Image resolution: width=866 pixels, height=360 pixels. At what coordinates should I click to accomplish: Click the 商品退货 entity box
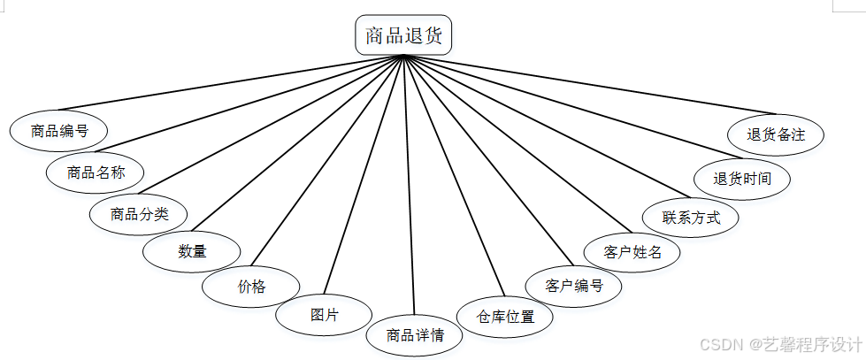[403, 35]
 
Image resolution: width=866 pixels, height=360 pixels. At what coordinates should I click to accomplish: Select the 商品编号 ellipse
[58, 131]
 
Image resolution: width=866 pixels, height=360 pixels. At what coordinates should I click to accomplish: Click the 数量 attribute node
[192, 251]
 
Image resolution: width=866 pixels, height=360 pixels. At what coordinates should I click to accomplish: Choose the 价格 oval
[251, 287]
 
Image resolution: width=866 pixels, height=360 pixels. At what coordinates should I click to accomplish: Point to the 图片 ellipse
[325, 314]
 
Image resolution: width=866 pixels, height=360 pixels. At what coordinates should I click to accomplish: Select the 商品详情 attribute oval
[414, 335]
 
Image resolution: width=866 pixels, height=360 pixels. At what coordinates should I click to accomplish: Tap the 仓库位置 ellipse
[505, 316]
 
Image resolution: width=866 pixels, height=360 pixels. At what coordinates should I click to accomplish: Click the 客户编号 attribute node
[574, 286]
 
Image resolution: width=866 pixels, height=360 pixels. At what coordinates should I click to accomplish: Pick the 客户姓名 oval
[632, 251]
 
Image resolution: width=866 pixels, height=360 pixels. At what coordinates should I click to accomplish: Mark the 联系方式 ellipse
[692, 217]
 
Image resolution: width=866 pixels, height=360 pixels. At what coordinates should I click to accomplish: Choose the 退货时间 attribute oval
[742, 178]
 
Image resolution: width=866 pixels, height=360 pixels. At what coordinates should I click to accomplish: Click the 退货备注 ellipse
[776, 135]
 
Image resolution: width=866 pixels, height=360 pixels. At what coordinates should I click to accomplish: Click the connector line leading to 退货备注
[593, 86]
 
